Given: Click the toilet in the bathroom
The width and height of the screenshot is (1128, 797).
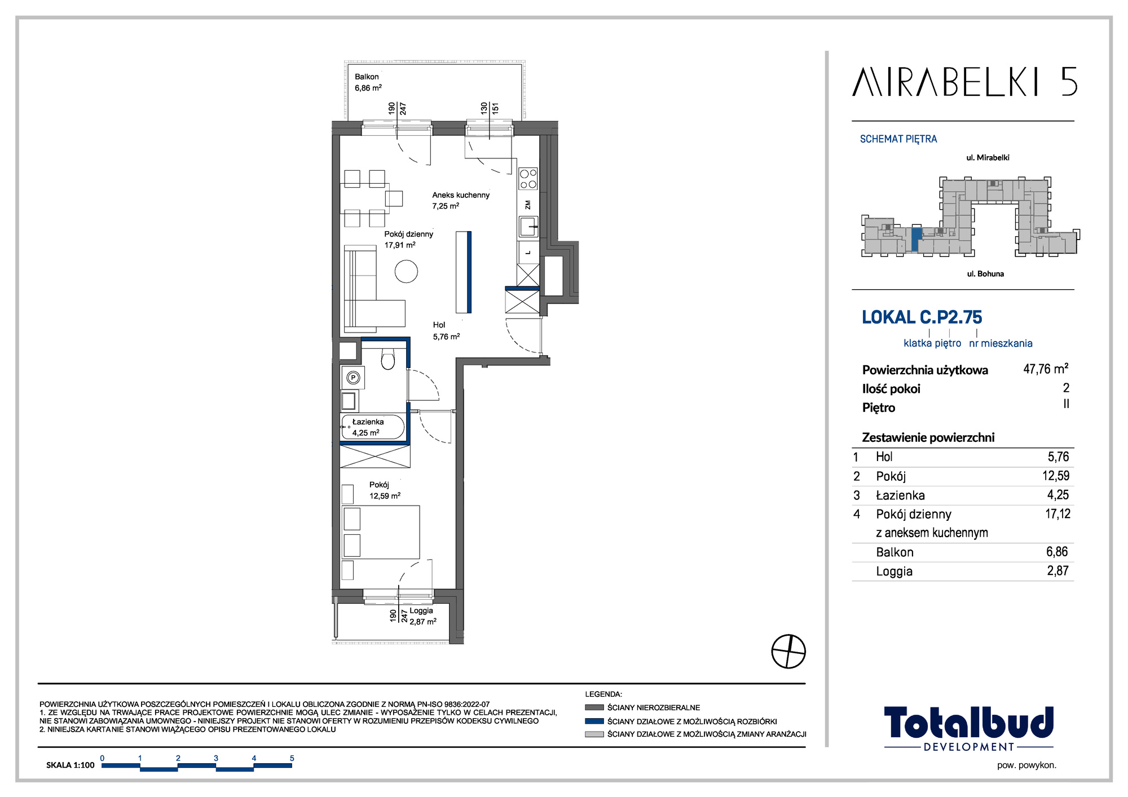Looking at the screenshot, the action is pos(387,359).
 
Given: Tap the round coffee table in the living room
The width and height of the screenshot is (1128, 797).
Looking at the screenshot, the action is pos(406,271).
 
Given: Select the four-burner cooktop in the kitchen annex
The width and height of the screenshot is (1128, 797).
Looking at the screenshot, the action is pos(528,179).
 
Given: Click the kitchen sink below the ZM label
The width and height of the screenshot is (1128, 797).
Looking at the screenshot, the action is pos(528,227).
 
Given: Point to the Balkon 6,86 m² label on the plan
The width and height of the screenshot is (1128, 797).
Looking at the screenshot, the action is pos(368,82).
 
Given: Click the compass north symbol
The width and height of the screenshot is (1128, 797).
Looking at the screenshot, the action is pos(788,652).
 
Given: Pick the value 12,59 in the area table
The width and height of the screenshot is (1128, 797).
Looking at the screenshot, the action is pos(1056,476).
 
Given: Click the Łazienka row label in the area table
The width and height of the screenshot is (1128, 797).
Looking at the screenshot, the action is pos(900,495).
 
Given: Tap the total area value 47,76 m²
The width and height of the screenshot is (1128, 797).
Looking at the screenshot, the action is pos(1046,369).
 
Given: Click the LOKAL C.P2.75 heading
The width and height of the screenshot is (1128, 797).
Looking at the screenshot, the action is pos(922,317).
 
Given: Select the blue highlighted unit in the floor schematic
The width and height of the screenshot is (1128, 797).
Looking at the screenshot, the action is pos(916,240).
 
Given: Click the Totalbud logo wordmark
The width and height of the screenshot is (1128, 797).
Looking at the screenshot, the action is pos(968,723).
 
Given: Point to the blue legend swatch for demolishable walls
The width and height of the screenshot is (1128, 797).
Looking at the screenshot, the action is pos(594,721).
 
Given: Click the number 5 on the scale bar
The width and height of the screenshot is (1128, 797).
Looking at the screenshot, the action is pos(292,758).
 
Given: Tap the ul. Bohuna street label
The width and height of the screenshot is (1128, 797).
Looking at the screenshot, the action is pos(985,274).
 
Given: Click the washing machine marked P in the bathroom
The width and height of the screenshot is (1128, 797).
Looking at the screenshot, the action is pos(353,378).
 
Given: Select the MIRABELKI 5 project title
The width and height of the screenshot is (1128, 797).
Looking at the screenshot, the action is pos(964,82).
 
